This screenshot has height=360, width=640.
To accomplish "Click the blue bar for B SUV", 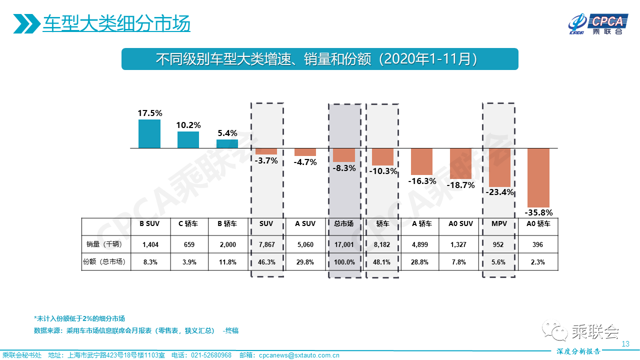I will click(x=149, y=133).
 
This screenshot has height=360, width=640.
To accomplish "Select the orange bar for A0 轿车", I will click(x=538, y=177).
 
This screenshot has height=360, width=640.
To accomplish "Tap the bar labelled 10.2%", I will click(x=188, y=139).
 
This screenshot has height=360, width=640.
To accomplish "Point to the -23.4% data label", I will click(x=499, y=192).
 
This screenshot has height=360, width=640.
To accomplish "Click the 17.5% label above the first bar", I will click(x=150, y=113).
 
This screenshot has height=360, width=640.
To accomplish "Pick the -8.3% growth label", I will click(x=344, y=168).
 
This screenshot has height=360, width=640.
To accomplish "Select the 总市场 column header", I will click(x=344, y=224).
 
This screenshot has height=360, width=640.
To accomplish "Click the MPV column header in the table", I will click(x=499, y=224).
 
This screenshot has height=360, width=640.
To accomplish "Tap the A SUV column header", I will click(x=305, y=224).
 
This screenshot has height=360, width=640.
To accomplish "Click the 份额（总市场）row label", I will click(x=103, y=262).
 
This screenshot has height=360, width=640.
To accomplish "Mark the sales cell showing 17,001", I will click(x=344, y=244).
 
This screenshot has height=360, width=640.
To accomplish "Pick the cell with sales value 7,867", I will click(x=266, y=244).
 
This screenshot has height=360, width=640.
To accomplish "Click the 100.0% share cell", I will click(x=344, y=262).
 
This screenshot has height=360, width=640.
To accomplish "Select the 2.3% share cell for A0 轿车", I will click(x=538, y=262).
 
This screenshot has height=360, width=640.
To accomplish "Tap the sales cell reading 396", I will click(x=538, y=244).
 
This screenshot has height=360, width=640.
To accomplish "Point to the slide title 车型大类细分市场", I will click(x=116, y=23).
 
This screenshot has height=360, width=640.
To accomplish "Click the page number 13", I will click(x=625, y=344).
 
